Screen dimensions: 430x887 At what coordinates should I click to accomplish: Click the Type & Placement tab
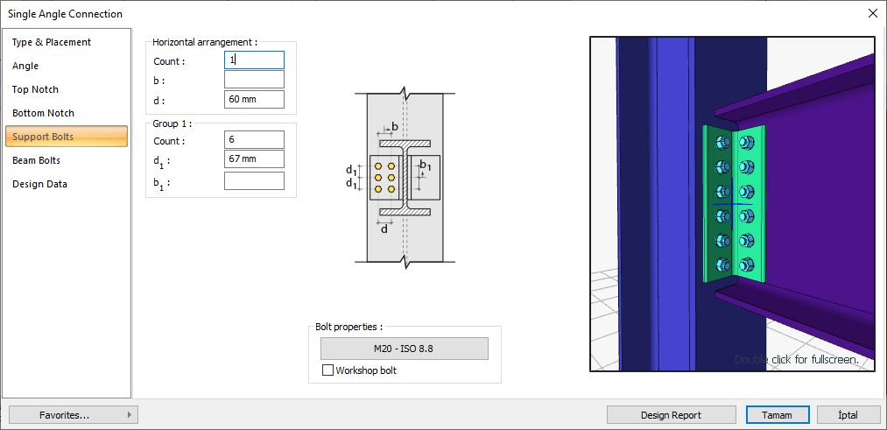click(x=52, y=42)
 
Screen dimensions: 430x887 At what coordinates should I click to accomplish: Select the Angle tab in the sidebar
click(x=25, y=66)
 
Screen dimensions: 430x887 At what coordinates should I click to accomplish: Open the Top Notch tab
click(x=35, y=89)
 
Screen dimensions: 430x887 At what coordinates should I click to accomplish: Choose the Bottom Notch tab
click(x=43, y=113)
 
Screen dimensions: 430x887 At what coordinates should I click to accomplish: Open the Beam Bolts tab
click(x=36, y=160)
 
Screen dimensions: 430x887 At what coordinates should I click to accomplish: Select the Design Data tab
click(x=39, y=184)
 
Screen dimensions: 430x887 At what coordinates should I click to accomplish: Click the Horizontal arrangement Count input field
click(x=254, y=60)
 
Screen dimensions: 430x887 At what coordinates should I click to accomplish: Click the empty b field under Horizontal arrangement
click(x=254, y=80)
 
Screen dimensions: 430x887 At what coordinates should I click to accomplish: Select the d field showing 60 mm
click(x=254, y=99)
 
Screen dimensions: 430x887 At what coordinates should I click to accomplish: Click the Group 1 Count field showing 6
click(x=254, y=140)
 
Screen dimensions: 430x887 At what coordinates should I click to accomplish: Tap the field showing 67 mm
click(x=254, y=159)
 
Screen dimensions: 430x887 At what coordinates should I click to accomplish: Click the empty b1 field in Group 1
click(x=254, y=181)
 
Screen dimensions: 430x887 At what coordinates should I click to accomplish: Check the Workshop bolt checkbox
click(x=328, y=370)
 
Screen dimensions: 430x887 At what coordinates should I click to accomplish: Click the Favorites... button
click(x=74, y=415)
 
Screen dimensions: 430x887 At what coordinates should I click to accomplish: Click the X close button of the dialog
click(x=872, y=13)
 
